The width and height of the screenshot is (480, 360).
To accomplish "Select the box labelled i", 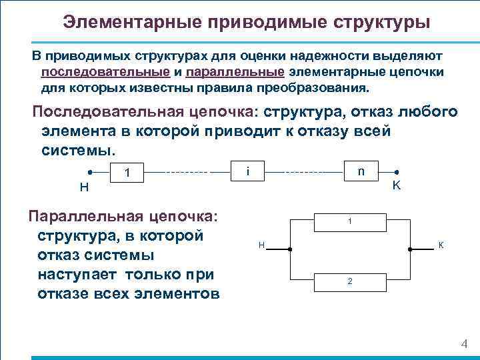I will pyautogui.click(x=247, y=171).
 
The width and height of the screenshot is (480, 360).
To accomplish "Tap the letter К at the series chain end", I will pyautogui.click(x=396, y=186).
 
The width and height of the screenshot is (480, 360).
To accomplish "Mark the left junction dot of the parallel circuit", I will pyautogui.click(x=290, y=249).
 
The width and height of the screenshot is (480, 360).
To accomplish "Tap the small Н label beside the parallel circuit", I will pyautogui.click(x=262, y=247).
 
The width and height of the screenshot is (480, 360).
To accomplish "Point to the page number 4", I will pyautogui.click(x=464, y=344).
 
